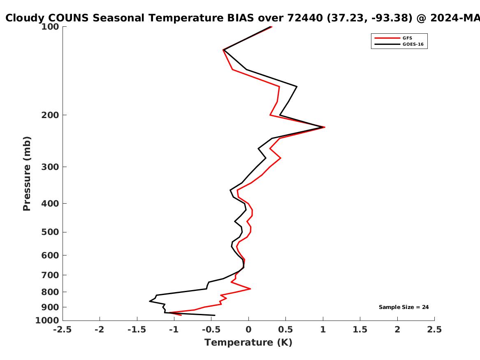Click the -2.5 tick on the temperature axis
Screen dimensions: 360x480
(x=63, y=330)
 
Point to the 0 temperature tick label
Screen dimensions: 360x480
(x=248, y=330)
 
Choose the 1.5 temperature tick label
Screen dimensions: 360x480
(x=360, y=330)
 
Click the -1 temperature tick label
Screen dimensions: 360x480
(x=174, y=330)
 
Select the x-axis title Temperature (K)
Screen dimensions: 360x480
(x=248, y=342)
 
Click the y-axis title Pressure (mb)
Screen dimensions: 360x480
(x=27, y=174)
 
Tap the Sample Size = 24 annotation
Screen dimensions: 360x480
(x=403, y=307)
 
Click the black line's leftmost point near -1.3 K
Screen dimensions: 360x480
(x=150, y=301)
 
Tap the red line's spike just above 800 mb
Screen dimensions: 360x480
(x=250, y=289)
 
